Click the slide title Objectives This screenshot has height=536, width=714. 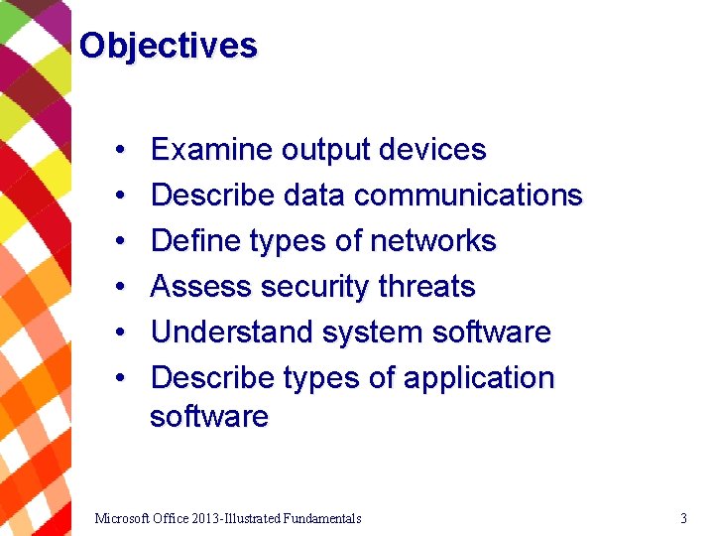click(168, 46)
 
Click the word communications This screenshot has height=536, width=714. click(468, 196)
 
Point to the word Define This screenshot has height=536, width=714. click(194, 241)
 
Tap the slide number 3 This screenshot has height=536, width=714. click(683, 518)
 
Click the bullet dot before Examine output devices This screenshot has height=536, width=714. click(118, 151)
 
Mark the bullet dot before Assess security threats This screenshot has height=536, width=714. click(118, 288)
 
